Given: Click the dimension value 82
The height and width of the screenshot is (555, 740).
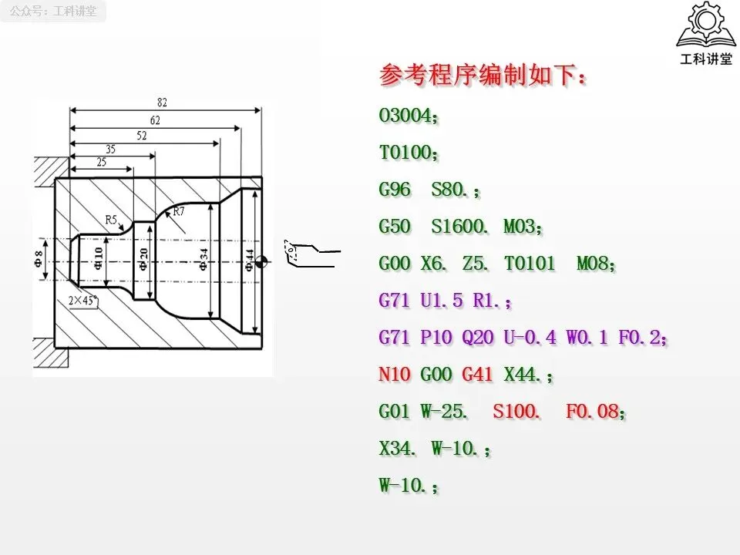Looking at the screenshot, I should tap(162, 103).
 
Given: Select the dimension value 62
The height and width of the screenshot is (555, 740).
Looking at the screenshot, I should tap(155, 119).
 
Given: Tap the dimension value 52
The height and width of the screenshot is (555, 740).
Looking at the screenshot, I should tap(142, 135).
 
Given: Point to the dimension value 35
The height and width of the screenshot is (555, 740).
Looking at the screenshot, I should tap(110, 150).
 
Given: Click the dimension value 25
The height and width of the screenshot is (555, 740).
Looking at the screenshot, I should tap(101, 163).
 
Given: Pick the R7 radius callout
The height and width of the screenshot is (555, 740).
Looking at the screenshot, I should tap(179, 211).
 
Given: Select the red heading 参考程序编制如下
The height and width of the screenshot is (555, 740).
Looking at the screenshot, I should tap(483, 76).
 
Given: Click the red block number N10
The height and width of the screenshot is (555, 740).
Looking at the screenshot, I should tap(394, 375).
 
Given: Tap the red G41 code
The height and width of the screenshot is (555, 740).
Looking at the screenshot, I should tap(477, 375).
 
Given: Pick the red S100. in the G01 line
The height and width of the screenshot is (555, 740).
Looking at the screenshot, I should tap(516, 412).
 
